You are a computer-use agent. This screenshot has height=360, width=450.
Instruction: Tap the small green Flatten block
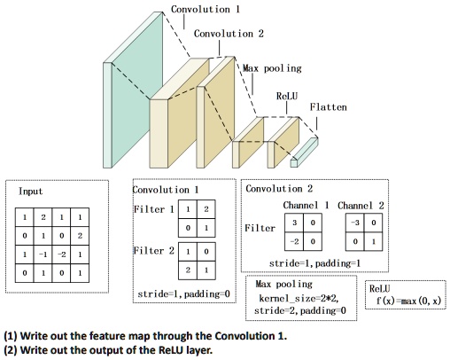click(x=306, y=152)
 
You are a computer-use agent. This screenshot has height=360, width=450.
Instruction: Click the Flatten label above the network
click(x=328, y=107)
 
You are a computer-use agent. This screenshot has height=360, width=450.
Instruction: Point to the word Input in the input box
click(x=31, y=191)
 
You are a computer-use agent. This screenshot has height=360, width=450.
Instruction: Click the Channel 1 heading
click(x=300, y=206)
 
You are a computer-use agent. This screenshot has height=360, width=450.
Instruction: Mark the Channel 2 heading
click(x=361, y=206)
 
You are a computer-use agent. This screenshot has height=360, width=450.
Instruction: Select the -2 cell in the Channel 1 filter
click(x=290, y=241)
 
